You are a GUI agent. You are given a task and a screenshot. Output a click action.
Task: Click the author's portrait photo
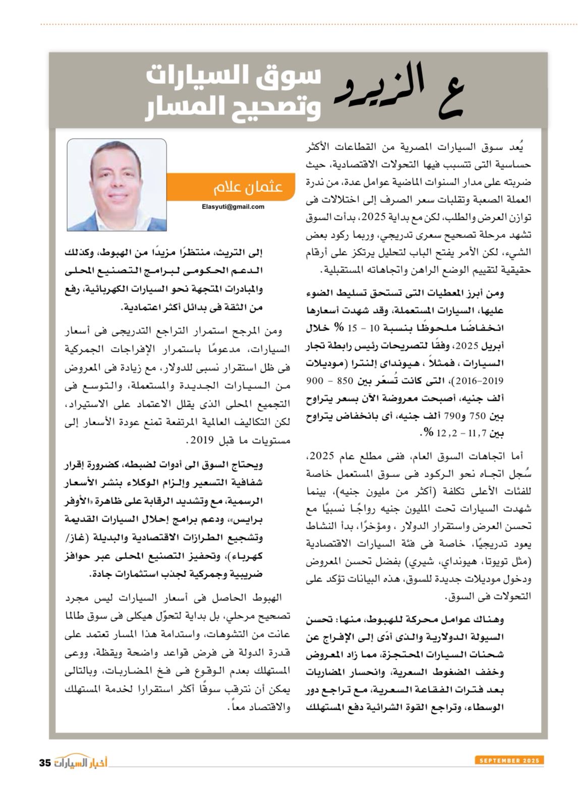click(x=117, y=185)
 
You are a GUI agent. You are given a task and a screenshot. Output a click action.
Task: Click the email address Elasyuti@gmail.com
click(x=233, y=207)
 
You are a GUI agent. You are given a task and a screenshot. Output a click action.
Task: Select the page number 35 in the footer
click(x=45, y=763)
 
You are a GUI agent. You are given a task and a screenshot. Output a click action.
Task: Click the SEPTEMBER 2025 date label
click(x=509, y=760)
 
